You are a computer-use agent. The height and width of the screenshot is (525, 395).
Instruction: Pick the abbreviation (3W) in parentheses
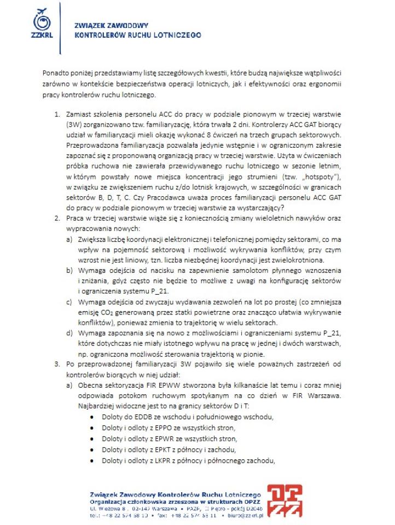tap(75, 124)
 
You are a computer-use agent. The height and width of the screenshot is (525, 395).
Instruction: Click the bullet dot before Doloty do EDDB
tap(92, 417)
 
